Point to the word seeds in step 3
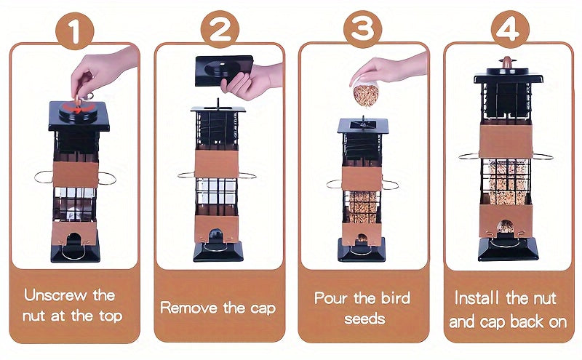363,319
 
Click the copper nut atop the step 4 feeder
508,63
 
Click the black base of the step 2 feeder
218,252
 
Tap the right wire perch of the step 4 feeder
542,156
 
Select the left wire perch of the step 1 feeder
44,177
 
